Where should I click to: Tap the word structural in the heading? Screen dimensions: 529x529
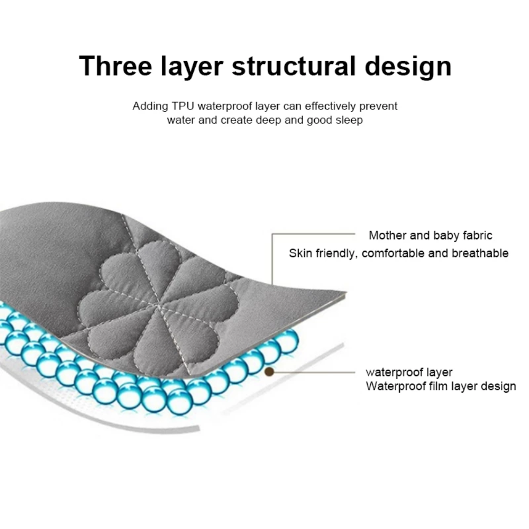[294, 66]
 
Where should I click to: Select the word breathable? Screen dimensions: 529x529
[480, 253]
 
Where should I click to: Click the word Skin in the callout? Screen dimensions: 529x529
[300, 253]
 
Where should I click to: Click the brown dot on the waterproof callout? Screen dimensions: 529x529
[269, 372]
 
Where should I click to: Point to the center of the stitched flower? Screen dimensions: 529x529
[159, 306]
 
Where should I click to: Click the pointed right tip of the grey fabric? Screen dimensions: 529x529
[346, 291]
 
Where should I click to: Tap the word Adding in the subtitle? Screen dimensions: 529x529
[150, 107]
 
